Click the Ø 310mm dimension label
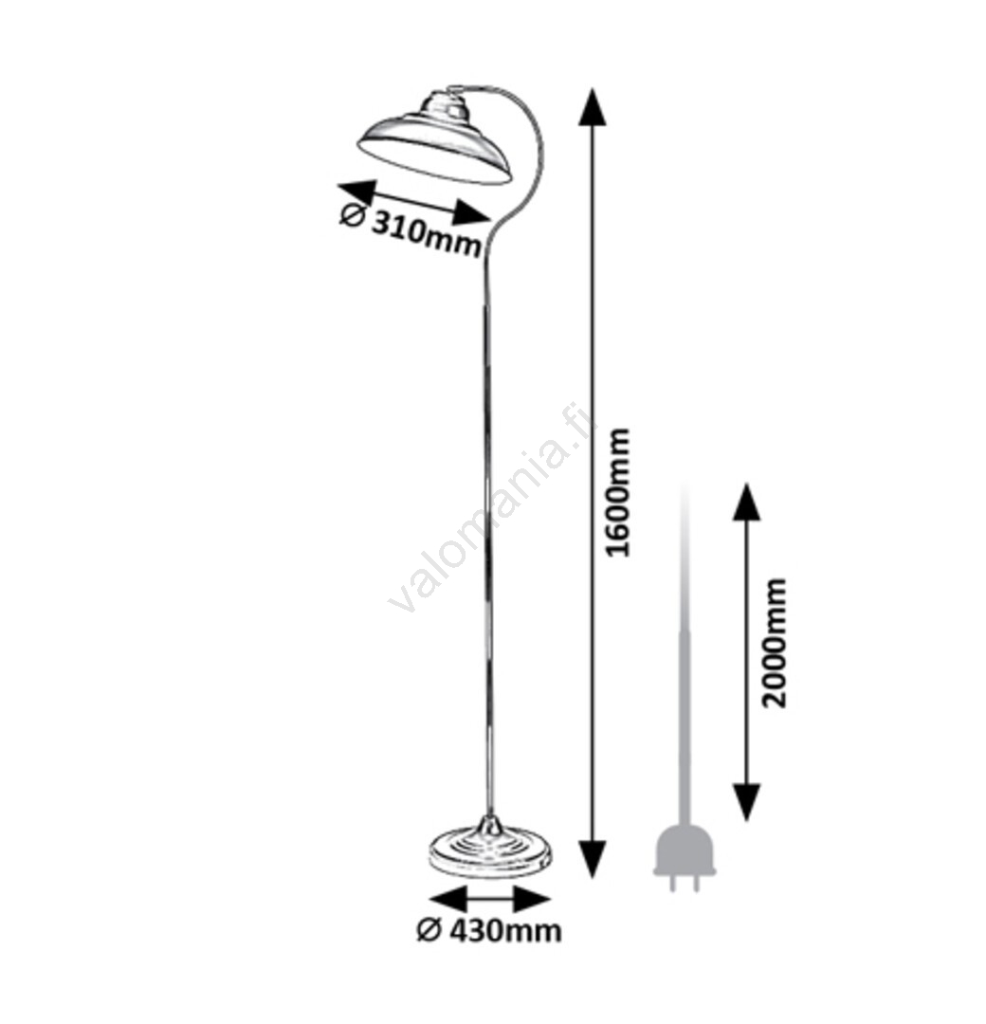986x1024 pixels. [411, 229]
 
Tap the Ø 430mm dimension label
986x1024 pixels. [489, 930]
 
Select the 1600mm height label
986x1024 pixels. [618, 492]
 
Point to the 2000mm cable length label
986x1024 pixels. [775, 643]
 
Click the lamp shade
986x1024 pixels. [435, 145]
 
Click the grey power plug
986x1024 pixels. [685, 857]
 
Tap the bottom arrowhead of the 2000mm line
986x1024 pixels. [746, 802]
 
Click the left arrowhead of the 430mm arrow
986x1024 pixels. [448, 899]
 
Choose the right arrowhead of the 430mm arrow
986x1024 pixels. [532, 899]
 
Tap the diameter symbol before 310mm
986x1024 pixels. [352, 215]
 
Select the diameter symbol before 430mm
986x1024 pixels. [429, 930]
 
